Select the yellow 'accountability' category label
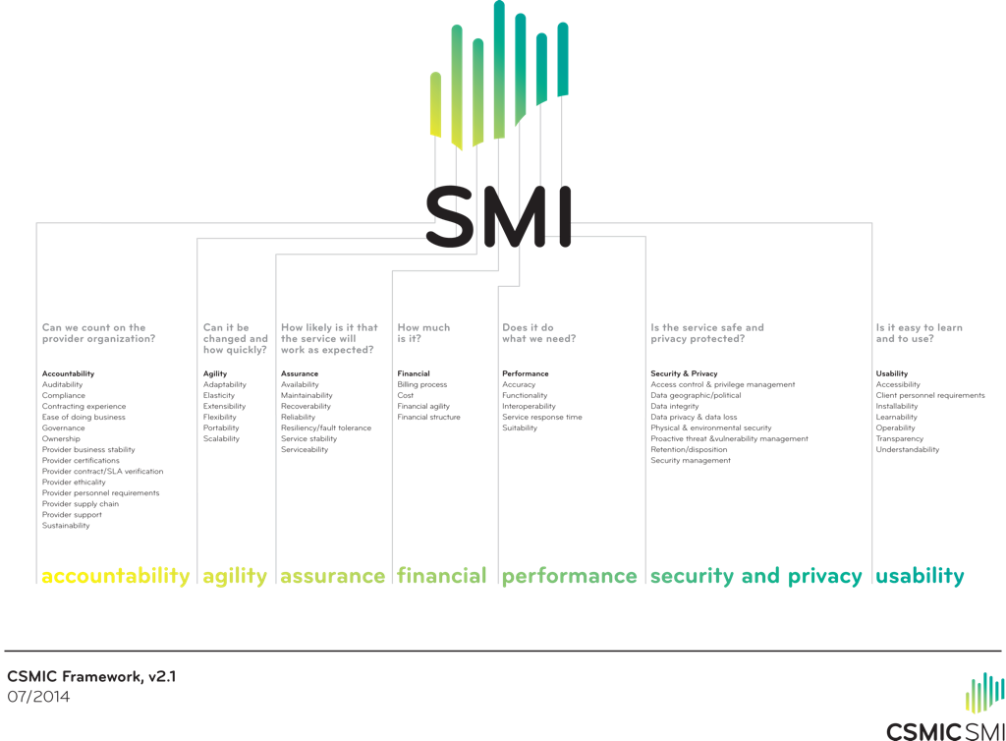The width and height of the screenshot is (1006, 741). click(115, 576)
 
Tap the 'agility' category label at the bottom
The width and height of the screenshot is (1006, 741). click(235, 576)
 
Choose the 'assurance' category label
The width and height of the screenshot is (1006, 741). click(332, 576)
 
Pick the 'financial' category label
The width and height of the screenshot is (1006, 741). click(441, 576)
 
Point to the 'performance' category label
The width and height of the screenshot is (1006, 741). click(570, 576)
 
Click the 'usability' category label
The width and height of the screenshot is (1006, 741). click(920, 576)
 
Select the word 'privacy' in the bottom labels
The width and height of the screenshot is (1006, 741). click(825, 576)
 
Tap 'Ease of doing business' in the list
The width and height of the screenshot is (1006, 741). click(84, 418)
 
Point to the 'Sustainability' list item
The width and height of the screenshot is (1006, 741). click(66, 526)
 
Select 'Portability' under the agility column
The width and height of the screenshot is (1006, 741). click(221, 428)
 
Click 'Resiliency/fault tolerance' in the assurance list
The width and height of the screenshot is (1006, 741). click(325, 428)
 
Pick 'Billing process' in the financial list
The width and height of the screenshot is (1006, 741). click(422, 385)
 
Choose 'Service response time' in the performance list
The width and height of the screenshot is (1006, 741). click(541, 418)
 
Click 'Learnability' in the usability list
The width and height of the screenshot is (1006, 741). click(896, 418)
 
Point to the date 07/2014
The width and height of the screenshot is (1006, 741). click(38, 697)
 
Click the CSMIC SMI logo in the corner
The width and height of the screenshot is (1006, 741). click(944, 708)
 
